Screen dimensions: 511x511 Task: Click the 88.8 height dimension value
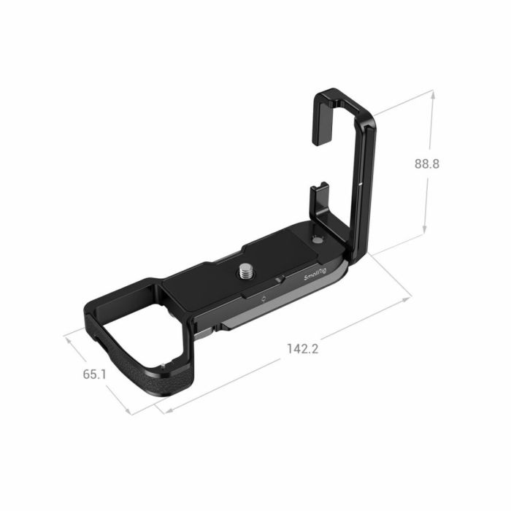pyautogui.click(x=425, y=164)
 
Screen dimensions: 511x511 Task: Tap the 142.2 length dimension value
pyautogui.click(x=303, y=348)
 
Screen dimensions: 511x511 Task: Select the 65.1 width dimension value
pyautogui.click(x=95, y=374)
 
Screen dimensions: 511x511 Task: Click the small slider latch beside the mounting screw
pyautogui.click(x=279, y=278)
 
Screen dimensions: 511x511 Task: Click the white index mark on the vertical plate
pyautogui.click(x=361, y=187)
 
